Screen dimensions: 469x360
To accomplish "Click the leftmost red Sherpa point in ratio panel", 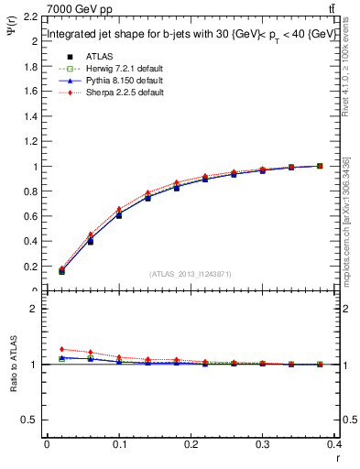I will pos(61,349).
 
